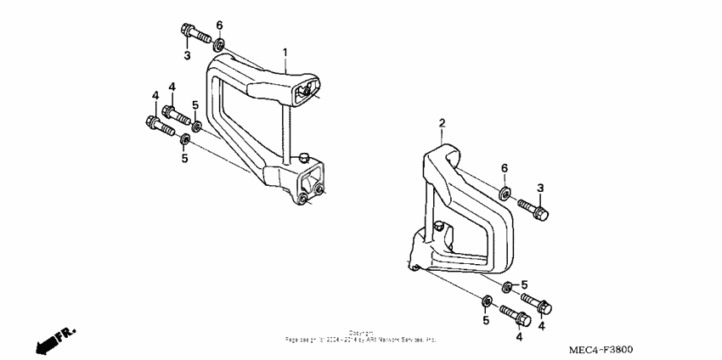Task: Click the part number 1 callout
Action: (x=285, y=52)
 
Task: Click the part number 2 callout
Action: (x=442, y=124)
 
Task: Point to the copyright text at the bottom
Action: (x=361, y=336)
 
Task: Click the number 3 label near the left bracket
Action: (x=187, y=56)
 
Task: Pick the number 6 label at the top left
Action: (x=219, y=24)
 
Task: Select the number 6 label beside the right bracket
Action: (x=504, y=168)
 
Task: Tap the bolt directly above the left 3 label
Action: (x=194, y=36)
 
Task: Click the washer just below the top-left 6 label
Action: (x=219, y=42)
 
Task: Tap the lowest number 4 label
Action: (x=519, y=337)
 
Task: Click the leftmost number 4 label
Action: (x=155, y=94)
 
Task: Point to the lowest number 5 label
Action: (x=486, y=320)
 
